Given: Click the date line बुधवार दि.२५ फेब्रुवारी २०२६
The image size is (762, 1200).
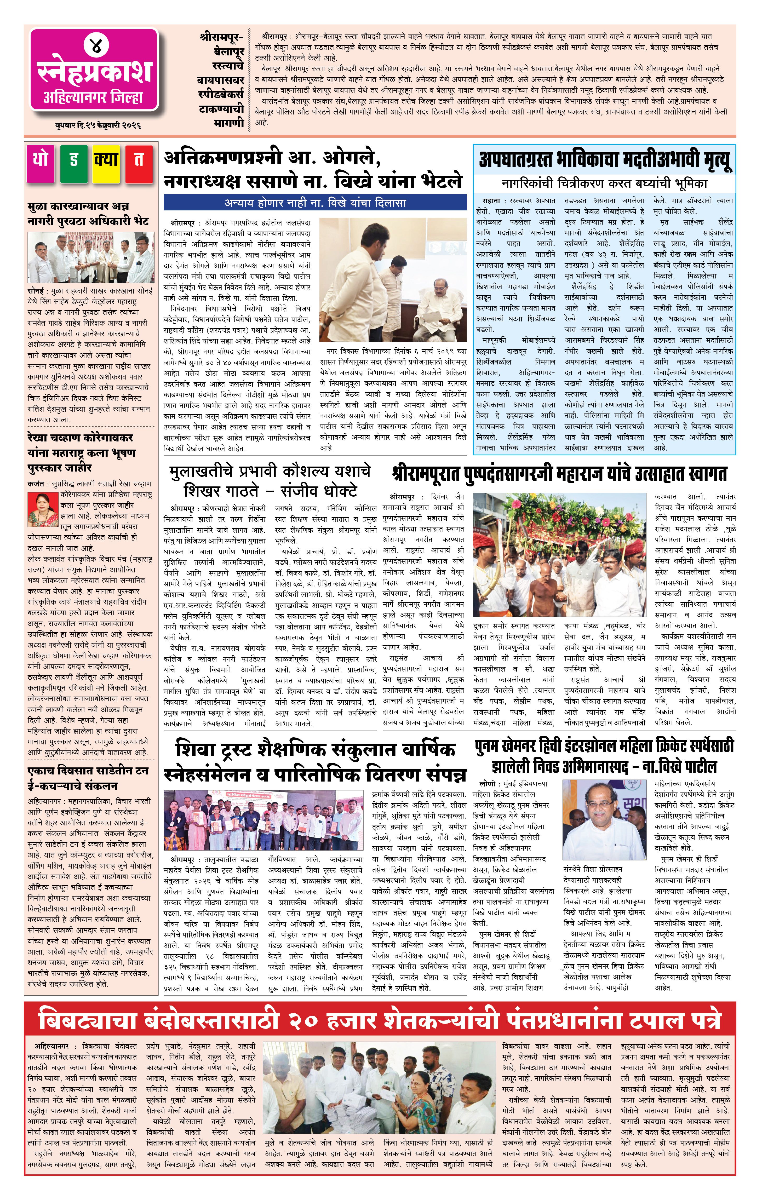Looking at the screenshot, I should click(x=98, y=125).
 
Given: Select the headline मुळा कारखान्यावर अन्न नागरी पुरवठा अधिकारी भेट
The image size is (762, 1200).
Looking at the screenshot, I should click(x=88, y=213).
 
